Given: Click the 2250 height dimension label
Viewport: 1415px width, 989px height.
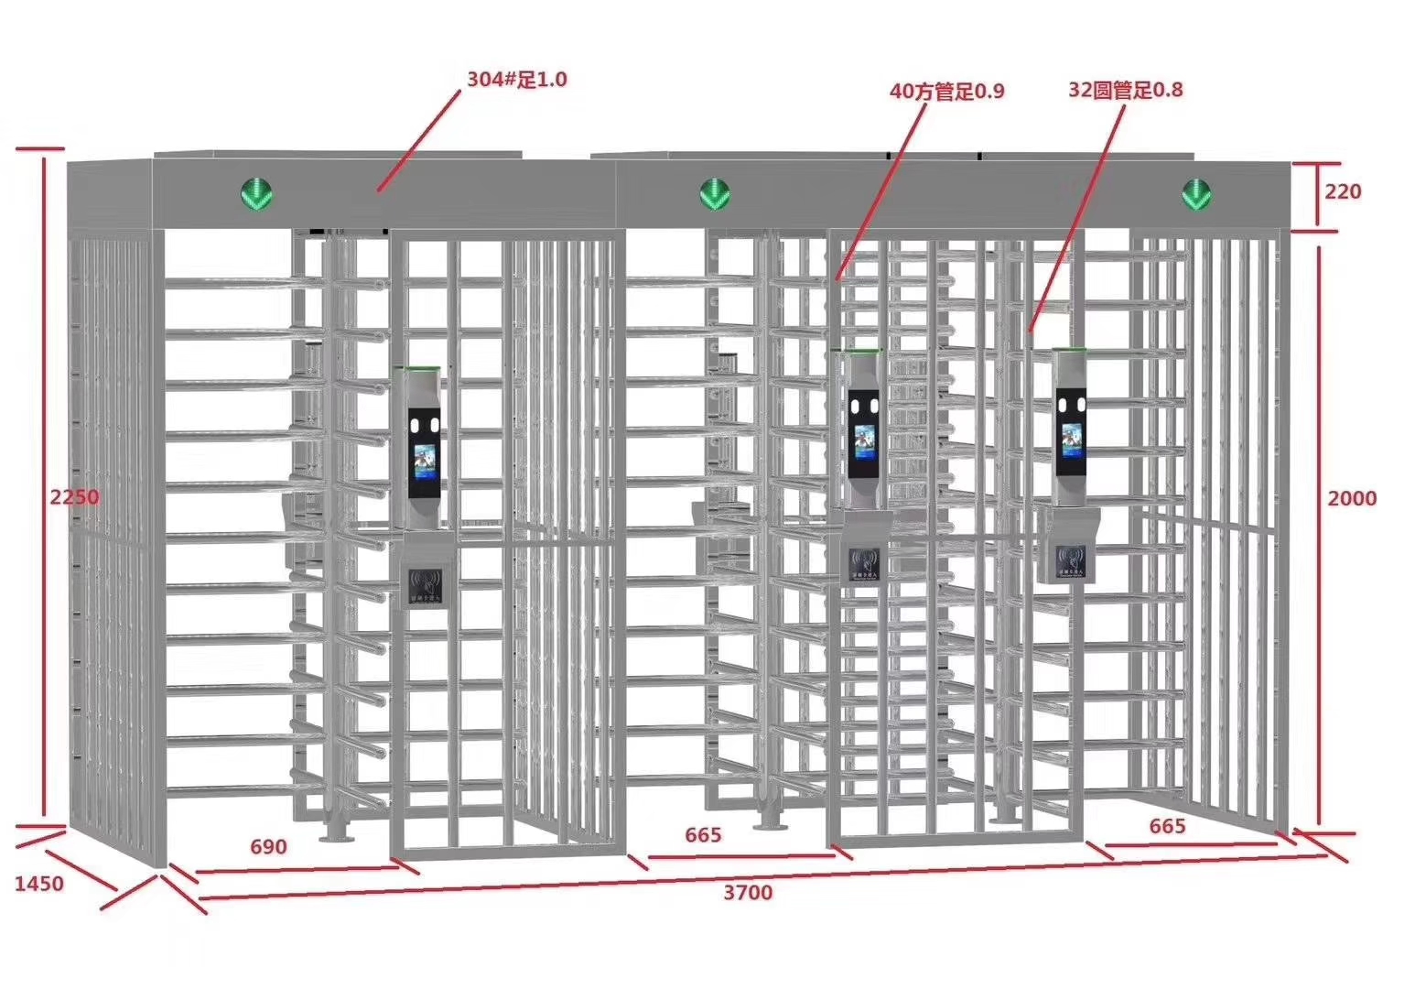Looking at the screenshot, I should (74, 497).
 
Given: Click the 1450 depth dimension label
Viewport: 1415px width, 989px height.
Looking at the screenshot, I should (39, 884).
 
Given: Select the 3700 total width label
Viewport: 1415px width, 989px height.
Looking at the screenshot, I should (748, 892).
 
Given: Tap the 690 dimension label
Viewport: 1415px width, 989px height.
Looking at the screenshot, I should (268, 846).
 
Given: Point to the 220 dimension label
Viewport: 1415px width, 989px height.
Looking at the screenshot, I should (1343, 191).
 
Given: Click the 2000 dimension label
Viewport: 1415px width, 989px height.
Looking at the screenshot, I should (1352, 498).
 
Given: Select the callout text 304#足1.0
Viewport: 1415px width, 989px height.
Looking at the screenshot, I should (516, 80).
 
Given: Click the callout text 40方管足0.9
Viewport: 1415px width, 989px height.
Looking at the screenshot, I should (946, 91).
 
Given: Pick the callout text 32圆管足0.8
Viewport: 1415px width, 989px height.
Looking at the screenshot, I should (1125, 90).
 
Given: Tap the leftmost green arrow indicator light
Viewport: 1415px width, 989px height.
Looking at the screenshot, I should (255, 193).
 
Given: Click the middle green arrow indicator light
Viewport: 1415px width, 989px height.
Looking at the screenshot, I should (714, 193).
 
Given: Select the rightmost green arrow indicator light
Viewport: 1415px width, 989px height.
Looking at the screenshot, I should (1195, 193).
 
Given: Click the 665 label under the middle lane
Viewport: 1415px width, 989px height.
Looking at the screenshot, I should (703, 835).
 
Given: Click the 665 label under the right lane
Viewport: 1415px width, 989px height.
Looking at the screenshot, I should (1167, 826).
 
